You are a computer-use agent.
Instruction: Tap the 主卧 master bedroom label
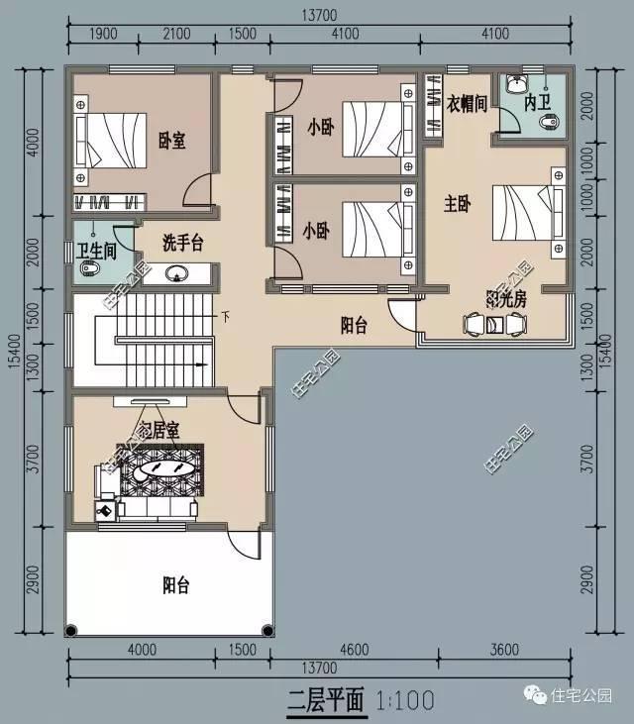tap(457, 204)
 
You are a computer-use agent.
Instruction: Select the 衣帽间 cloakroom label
tap(466, 103)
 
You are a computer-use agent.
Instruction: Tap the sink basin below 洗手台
tap(178, 273)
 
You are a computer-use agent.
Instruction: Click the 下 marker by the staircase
tap(225, 318)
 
